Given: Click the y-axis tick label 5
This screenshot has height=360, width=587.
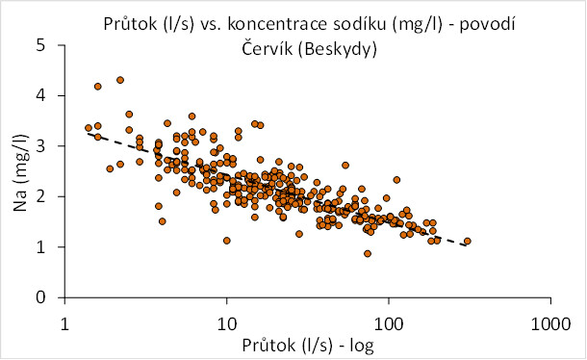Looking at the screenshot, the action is point(40,45).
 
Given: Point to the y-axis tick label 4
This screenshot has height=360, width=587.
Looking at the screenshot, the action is point(40,95).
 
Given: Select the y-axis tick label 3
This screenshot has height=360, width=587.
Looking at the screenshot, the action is point(40,145).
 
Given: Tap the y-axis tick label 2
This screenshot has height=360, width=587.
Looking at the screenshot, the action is point(40,196).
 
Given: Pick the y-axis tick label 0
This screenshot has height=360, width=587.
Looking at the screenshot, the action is point(40,297).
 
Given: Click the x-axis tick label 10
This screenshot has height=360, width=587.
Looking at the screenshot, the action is point(227,323).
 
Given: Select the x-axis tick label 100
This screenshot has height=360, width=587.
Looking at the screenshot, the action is point(389,323).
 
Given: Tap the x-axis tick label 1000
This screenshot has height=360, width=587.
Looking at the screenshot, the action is point(551,323).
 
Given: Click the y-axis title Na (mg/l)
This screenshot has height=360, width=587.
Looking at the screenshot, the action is point(21,172).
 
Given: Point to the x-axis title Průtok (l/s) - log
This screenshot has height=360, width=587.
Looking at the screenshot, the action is point(308,345).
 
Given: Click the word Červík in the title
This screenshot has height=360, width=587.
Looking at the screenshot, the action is point(267,48).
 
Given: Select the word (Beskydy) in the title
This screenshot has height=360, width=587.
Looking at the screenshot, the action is point(337,49).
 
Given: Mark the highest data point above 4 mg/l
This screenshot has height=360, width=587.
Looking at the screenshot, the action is point(120,80).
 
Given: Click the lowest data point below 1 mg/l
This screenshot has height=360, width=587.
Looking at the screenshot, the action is point(368,253).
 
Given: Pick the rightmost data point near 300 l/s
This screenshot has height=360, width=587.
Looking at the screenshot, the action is point(468,241).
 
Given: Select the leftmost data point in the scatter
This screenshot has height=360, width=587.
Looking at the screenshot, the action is point(89,128).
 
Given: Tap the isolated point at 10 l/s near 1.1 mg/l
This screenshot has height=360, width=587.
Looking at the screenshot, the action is point(226,241).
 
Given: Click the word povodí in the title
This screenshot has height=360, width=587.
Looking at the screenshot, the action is point(488,24).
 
